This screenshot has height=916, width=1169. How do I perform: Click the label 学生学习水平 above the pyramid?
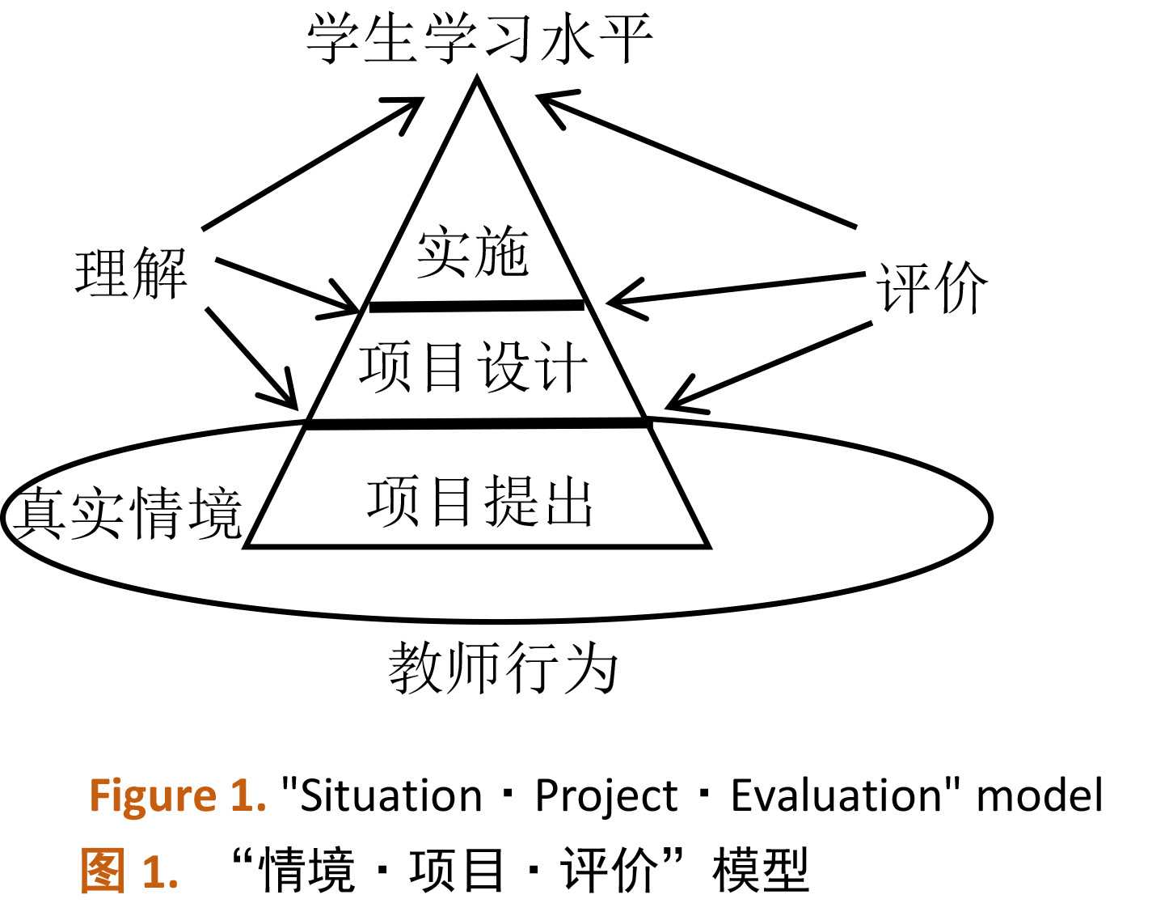(x=479, y=38)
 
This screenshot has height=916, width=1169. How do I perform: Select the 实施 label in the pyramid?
(x=473, y=252)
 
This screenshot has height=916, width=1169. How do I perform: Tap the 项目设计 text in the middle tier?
(x=473, y=367)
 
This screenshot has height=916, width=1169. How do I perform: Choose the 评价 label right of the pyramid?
(x=932, y=287)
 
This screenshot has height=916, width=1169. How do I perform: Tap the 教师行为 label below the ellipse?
(x=503, y=668)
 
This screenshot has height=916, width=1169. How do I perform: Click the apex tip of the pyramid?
(x=477, y=79)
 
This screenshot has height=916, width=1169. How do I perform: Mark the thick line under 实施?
(x=476, y=306)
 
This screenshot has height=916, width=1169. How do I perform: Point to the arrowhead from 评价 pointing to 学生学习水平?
(x=550, y=103)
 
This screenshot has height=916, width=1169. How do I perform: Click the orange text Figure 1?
(x=177, y=795)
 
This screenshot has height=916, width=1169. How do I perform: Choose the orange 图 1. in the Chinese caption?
(x=129, y=871)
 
